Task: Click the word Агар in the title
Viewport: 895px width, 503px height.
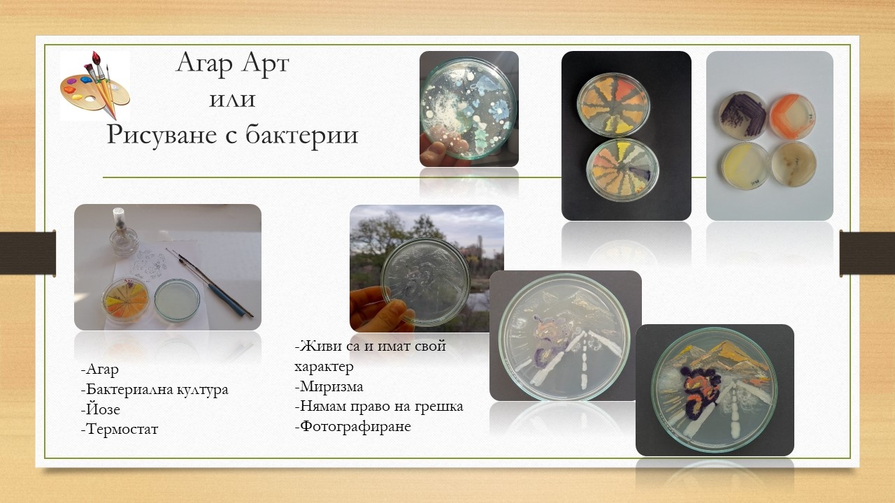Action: (x=204, y=63)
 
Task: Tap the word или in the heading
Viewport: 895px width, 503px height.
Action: (x=232, y=99)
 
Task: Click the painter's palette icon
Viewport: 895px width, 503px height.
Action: (x=95, y=85)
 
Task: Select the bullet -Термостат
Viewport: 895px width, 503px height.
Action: (x=120, y=429)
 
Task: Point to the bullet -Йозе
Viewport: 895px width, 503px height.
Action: (x=100, y=409)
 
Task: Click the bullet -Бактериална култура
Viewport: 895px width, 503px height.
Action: (x=155, y=390)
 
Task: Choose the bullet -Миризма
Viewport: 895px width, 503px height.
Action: (x=329, y=386)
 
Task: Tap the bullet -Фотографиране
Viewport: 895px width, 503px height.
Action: (x=353, y=426)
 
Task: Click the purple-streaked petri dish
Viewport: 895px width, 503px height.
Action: (x=743, y=115)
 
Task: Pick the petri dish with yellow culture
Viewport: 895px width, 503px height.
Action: (x=745, y=166)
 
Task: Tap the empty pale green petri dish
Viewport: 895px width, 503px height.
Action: (x=177, y=300)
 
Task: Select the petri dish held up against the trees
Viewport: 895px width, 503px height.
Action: (x=425, y=282)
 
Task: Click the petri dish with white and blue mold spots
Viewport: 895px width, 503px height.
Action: (x=468, y=108)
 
